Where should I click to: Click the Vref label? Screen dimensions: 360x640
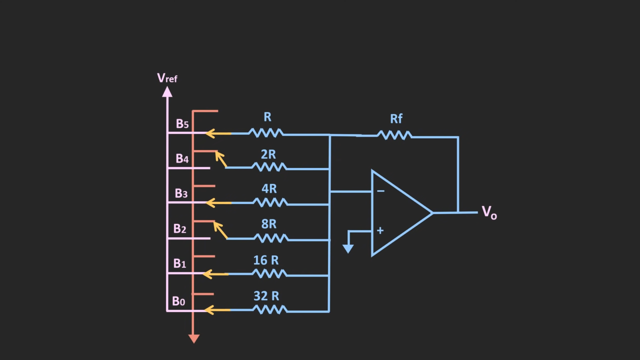point(167,78)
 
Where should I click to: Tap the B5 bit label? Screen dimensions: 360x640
point(182,124)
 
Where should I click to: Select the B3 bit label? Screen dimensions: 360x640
point(181,194)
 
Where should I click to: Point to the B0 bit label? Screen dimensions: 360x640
point(178,301)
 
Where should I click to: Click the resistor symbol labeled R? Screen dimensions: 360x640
point(266,133)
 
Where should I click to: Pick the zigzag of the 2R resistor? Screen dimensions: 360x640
point(269,167)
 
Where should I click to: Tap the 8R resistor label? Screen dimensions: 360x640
point(269,224)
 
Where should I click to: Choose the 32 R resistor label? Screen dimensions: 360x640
point(266,296)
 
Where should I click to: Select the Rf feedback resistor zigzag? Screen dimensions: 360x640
point(395,136)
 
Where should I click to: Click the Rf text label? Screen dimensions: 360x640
point(396,119)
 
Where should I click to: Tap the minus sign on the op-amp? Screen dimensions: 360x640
point(380,191)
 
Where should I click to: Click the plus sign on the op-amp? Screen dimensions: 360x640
point(380,230)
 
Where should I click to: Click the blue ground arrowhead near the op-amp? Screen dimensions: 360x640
point(348,248)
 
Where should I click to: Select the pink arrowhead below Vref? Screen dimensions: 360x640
point(167,92)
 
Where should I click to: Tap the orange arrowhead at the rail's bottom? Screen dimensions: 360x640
point(194,339)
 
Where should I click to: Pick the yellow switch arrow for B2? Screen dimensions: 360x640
point(220,230)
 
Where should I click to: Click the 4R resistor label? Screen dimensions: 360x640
point(269,189)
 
